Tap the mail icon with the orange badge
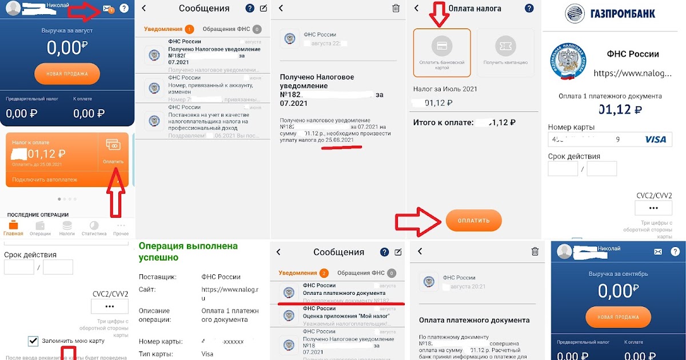tap(107, 9)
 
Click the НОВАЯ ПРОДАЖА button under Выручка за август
tap(67, 74)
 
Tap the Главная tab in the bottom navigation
tap(13, 229)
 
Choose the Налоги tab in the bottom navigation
tap(67, 229)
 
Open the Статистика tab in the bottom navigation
tap(94, 229)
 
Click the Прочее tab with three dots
tap(121, 229)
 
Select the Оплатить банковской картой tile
tap(442, 53)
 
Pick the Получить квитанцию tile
tap(505, 53)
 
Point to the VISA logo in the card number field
tap(655, 139)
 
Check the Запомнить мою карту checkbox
tap(33, 341)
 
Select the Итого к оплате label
tap(443, 122)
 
